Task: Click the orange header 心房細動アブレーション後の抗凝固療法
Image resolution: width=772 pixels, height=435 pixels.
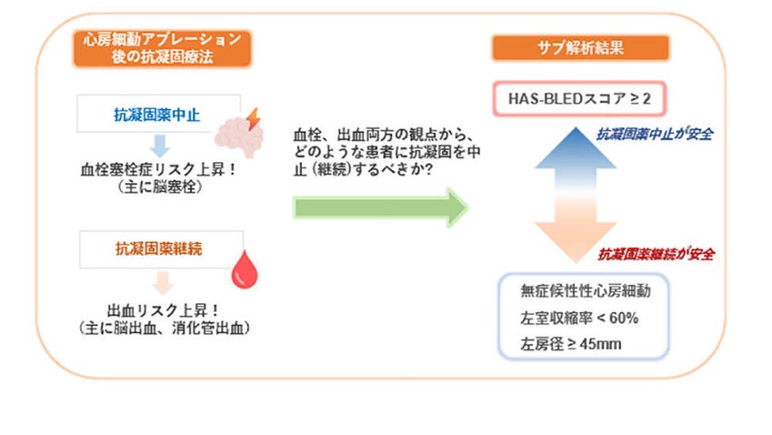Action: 162,48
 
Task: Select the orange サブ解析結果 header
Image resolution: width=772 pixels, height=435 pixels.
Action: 580,48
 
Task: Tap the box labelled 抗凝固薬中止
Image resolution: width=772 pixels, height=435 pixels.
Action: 158,114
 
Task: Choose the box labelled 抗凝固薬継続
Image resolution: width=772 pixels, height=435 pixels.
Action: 161,249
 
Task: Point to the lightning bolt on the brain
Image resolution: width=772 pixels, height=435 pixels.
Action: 254,119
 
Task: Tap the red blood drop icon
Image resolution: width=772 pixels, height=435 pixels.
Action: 245,269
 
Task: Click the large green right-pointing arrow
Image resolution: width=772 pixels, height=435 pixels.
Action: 380,207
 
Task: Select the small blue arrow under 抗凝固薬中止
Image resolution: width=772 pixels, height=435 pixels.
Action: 160,146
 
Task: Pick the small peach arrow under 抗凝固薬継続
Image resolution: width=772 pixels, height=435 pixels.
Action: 163,283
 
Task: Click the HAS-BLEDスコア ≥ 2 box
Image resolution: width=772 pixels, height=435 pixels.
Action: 579,99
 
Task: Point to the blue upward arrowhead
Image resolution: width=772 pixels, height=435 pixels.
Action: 576,147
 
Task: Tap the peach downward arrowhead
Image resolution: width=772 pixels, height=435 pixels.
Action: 576,242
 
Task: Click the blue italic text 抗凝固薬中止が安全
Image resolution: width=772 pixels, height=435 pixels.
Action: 655,134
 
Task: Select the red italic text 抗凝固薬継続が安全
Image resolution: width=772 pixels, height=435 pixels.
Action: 657,254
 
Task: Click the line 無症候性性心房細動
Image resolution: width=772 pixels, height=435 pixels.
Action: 586,291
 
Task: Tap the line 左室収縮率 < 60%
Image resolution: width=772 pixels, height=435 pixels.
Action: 579,319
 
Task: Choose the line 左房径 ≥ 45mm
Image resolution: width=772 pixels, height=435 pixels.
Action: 571,344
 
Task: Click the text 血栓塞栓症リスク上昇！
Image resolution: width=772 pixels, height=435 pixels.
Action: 159,169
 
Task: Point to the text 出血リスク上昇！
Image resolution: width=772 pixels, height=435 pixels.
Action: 164,310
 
